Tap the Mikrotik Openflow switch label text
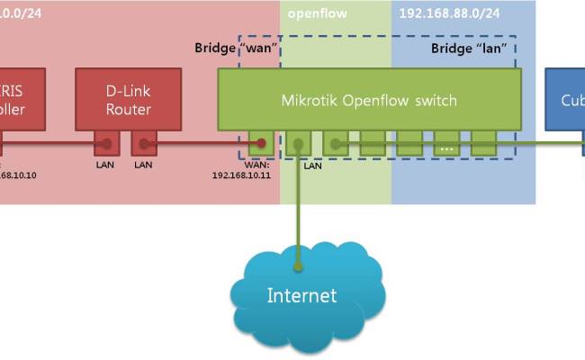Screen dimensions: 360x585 [369, 99]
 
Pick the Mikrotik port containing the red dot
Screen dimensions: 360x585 [261, 142]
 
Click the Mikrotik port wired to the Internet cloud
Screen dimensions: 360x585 [299, 142]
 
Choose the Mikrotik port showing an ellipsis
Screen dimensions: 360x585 [446, 142]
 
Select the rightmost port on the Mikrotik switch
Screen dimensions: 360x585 [484, 142]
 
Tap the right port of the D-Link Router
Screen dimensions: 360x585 [144, 142]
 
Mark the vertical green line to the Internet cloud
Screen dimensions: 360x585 [299, 216]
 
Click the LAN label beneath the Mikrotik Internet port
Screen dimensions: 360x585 [312, 166]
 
